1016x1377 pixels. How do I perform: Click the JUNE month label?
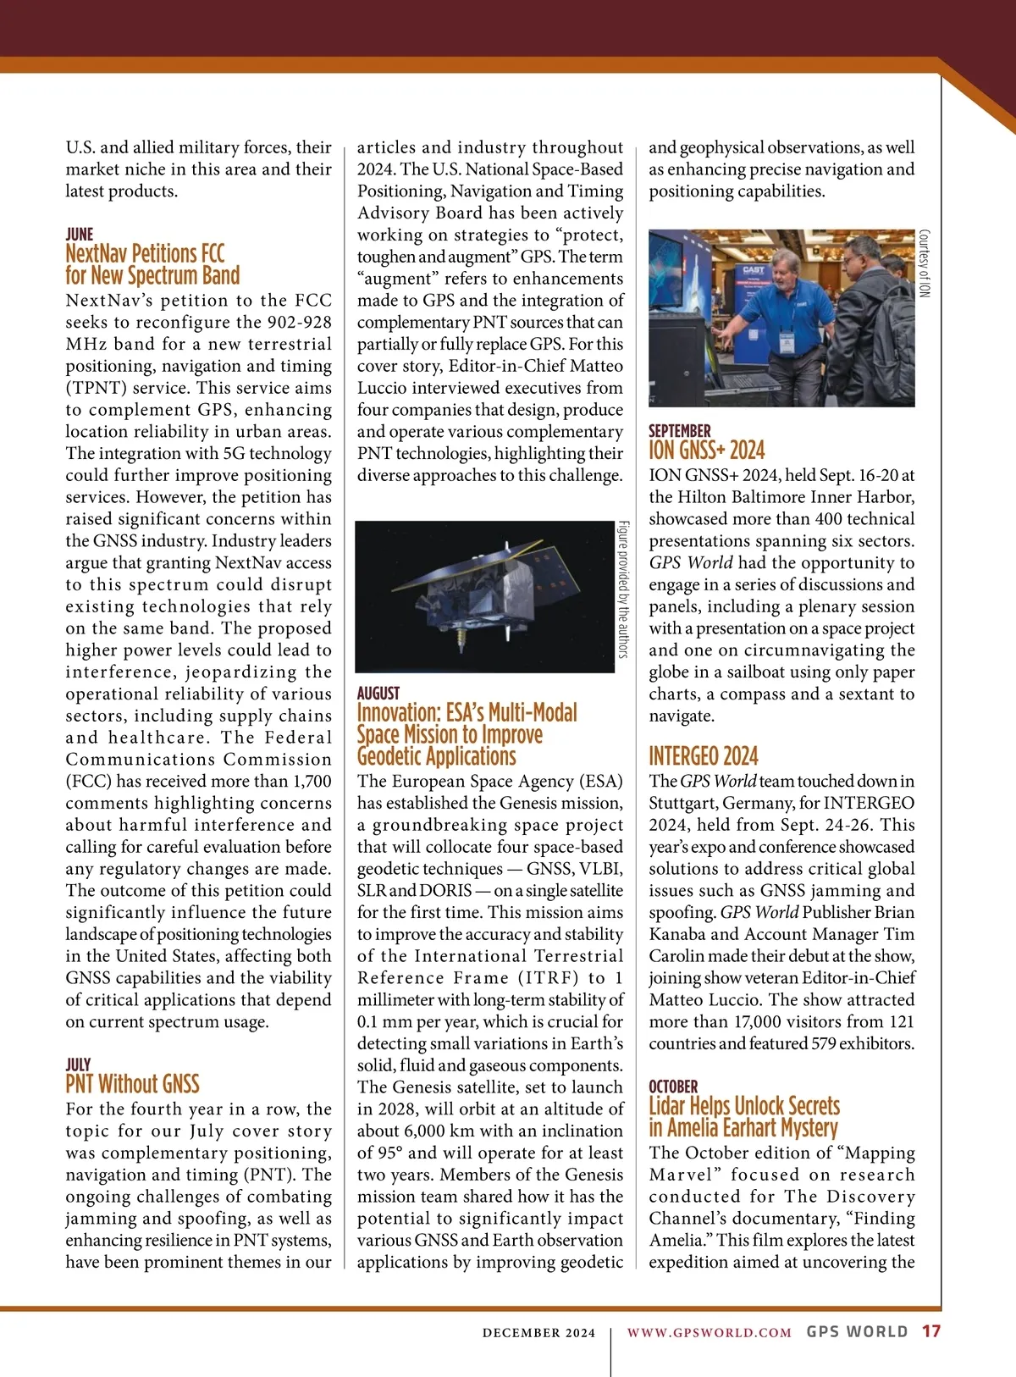[x=80, y=234]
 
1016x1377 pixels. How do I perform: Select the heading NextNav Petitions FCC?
[x=145, y=253]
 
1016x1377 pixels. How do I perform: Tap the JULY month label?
[x=78, y=1064]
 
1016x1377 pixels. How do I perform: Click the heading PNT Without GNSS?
[x=132, y=1084]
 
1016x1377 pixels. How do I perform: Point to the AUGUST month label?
[x=378, y=693]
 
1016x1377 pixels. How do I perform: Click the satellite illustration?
[x=484, y=596]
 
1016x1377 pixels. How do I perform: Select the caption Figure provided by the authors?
[x=623, y=589]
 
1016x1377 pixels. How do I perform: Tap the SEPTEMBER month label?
[x=679, y=430]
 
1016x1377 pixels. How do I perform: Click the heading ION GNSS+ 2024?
[x=706, y=450]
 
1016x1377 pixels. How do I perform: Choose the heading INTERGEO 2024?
[x=703, y=755]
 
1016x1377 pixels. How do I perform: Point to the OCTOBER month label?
[x=673, y=1086]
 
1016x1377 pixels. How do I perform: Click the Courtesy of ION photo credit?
[x=925, y=263]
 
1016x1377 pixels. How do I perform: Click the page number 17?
[x=931, y=1331]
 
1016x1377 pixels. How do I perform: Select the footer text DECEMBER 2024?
[x=538, y=1333]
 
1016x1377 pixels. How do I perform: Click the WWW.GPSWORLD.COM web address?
[x=709, y=1333]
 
